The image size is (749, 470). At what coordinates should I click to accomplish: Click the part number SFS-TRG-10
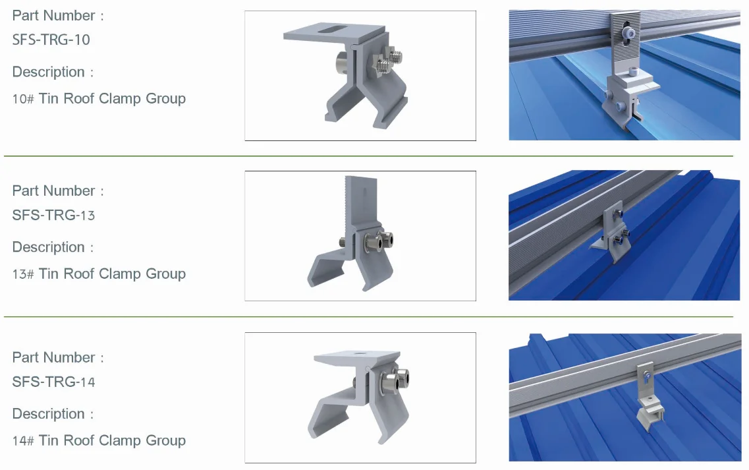click(x=51, y=40)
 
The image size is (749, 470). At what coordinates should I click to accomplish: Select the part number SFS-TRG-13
click(x=53, y=215)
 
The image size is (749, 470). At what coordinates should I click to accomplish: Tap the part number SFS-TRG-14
click(x=53, y=382)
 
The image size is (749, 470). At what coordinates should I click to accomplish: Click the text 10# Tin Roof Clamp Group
click(x=99, y=99)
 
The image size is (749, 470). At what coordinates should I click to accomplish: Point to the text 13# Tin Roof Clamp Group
click(x=99, y=274)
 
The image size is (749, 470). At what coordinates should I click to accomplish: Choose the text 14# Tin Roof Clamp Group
click(x=99, y=440)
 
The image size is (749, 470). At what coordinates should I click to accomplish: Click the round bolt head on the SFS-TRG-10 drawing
click(x=341, y=64)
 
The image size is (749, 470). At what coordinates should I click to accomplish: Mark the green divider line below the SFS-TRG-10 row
click(x=368, y=156)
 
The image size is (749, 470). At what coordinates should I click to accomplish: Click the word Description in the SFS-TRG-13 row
click(x=49, y=247)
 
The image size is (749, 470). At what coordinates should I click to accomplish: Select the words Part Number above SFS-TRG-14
click(x=54, y=357)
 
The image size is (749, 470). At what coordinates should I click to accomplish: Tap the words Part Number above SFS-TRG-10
click(x=54, y=15)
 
